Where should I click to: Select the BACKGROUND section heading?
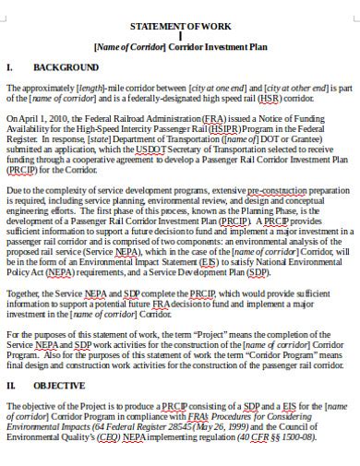tap(66, 67)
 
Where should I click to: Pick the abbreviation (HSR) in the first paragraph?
tap(270, 98)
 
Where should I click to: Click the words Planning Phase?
tap(233, 211)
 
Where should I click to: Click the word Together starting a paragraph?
tap(25, 293)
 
